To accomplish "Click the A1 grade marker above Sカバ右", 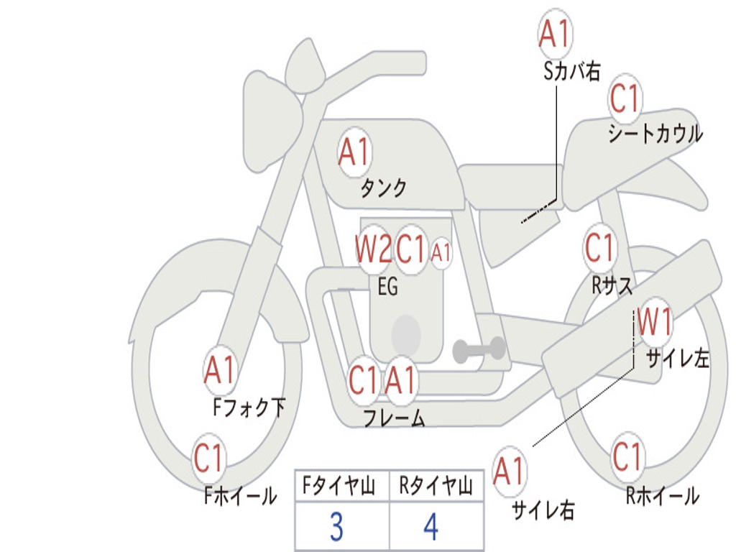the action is [x=555, y=34].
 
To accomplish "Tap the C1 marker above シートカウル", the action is [x=625, y=98].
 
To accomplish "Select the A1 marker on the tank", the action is [x=354, y=152].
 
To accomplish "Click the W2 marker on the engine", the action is [x=374, y=248].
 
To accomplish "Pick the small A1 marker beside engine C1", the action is [x=441, y=254].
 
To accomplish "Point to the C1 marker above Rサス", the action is [x=600, y=247].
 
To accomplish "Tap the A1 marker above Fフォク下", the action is [x=220, y=370].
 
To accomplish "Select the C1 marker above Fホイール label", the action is [x=208, y=458].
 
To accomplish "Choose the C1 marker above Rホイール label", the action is [x=627, y=456].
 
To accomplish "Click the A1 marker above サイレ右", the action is [x=510, y=471].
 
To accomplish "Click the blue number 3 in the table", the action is [x=336, y=527].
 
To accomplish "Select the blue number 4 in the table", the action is [x=431, y=527].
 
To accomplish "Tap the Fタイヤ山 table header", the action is [x=339, y=486].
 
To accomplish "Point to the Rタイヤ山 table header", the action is [x=436, y=486].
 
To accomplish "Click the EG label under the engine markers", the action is [x=387, y=286].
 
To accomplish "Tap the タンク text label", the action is [x=384, y=188].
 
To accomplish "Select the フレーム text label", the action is [x=395, y=417].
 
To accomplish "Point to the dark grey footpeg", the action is [x=478, y=349].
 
